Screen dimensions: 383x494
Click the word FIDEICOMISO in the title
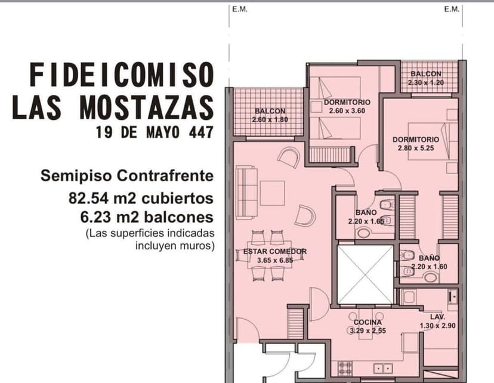[x=121, y=76]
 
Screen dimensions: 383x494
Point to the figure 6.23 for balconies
[x=97, y=217]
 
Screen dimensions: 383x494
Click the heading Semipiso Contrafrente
[x=126, y=176]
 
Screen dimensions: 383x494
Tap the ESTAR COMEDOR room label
[x=274, y=251]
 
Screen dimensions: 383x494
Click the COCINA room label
[x=368, y=322]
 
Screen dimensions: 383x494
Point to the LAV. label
[x=438, y=317]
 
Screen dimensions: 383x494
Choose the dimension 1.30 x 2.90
[x=438, y=326]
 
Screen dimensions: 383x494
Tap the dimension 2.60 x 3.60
[x=347, y=110]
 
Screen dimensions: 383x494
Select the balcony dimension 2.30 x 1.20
[x=426, y=82]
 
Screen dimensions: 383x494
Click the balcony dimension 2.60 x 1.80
[x=270, y=119]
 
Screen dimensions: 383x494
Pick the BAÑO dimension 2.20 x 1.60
[x=429, y=267]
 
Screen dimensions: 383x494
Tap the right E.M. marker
[x=452, y=9]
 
